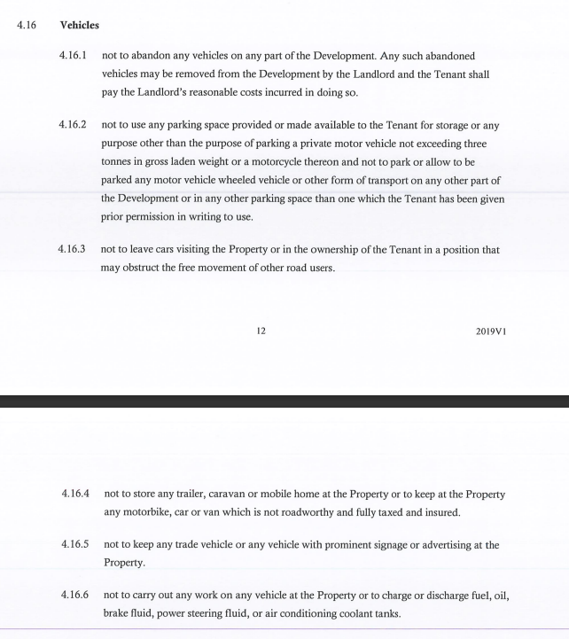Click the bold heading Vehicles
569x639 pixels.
(x=79, y=25)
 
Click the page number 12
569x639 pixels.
(x=261, y=331)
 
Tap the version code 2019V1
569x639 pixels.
(x=489, y=331)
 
